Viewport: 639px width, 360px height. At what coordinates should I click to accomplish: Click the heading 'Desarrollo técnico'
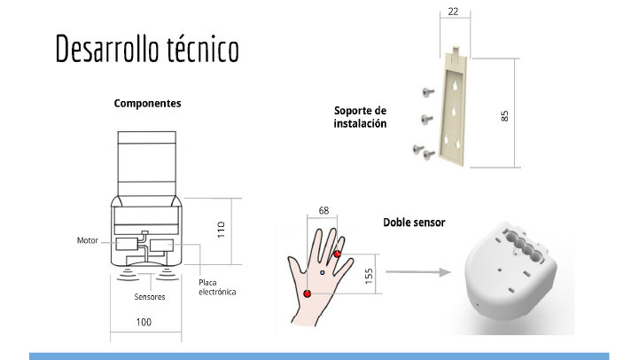pos(147,49)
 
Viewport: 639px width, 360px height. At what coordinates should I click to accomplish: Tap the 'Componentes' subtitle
pos(147,104)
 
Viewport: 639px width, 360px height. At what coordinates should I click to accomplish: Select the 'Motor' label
pos(88,240)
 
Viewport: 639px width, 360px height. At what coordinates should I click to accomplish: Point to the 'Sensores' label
pos(150,297)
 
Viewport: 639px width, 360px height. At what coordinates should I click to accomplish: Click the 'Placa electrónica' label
pos(217,287)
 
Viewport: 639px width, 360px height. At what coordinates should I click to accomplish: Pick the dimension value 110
pos(221,230)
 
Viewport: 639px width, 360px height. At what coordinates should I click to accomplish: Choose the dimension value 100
pos(144,322)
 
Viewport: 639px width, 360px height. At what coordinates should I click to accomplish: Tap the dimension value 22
pos(453,12)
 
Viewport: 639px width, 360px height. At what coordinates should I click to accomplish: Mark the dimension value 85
pos(504,116)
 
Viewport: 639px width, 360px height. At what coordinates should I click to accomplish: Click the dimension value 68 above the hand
pos(323,210)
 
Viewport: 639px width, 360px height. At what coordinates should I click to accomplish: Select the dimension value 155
pos(369,276)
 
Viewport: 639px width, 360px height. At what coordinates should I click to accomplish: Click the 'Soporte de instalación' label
pos(360,117)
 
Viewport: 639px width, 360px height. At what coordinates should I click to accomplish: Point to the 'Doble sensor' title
pos(414,223)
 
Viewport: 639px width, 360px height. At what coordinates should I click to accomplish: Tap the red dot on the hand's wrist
pos(308,293)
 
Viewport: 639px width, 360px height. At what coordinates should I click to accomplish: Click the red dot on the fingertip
pos(338,254)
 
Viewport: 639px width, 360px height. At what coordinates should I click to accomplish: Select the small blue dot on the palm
pos(323,272)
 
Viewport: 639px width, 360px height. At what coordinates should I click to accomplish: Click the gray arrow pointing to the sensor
pos(418,272)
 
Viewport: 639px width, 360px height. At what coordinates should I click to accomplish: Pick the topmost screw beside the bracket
pos(427,92)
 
